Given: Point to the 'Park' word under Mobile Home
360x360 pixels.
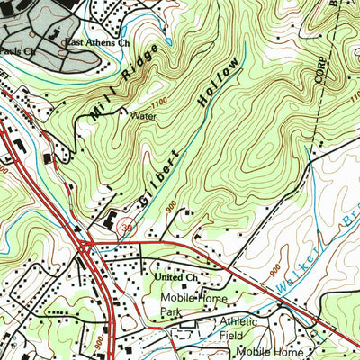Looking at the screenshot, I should point(177,310).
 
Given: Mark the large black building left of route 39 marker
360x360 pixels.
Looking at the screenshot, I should point(110,220).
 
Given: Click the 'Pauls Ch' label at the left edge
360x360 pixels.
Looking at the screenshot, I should point(18,51).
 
